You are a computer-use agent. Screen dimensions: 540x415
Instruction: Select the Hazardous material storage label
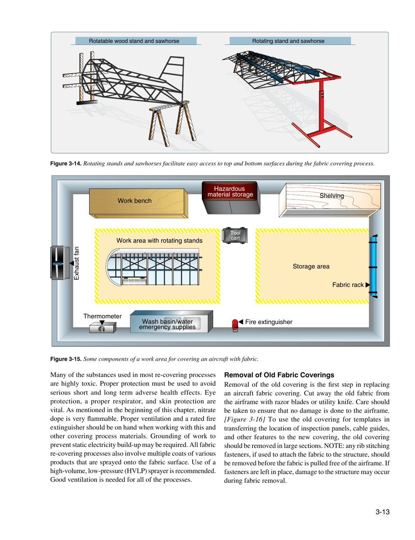230,190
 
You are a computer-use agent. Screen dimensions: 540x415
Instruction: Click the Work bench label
135,201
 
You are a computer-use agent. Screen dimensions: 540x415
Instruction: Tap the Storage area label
311,265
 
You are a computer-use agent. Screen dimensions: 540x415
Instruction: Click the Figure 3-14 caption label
66,164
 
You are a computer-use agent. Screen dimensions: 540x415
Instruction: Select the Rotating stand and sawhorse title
288,41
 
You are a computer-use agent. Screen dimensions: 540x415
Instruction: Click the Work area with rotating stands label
159,241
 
